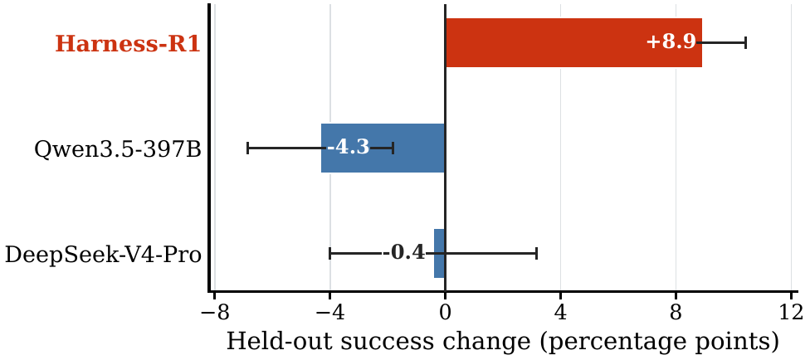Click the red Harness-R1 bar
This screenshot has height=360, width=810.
click(x=573, y=43)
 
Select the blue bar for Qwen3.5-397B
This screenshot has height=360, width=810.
click(x=383, y=148)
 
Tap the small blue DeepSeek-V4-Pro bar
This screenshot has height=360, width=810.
click(x=439, y=253)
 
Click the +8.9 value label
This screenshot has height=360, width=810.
click(x=671, y=42)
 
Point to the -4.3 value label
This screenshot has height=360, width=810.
click(x=349, y=148)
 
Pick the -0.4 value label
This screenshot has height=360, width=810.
click(x=403, y=253)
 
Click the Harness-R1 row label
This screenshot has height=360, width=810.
click(x=128, y=44)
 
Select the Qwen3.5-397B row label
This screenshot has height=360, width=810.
click(x=117, y=149)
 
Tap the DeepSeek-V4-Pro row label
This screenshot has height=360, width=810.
click(x=103, y=255)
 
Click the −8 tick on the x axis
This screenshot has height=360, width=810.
click(x=214, y=313)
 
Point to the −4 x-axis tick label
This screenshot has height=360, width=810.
click(x=329, y=313)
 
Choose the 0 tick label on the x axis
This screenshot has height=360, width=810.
click(x=446, y=313)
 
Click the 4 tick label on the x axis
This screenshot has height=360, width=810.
click(x=560, y=313)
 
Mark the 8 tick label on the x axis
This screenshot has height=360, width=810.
click(x=676, y=313)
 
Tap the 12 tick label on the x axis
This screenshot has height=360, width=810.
click(x=792, y=313)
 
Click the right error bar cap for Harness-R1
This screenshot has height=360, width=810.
click(x=745, y=43)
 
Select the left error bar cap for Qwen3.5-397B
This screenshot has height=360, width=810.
click(x=248, y=148)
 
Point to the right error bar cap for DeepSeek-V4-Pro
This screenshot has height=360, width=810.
click(x=537, y=253)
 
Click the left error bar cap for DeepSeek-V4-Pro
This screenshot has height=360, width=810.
click(x=329, y=253)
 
